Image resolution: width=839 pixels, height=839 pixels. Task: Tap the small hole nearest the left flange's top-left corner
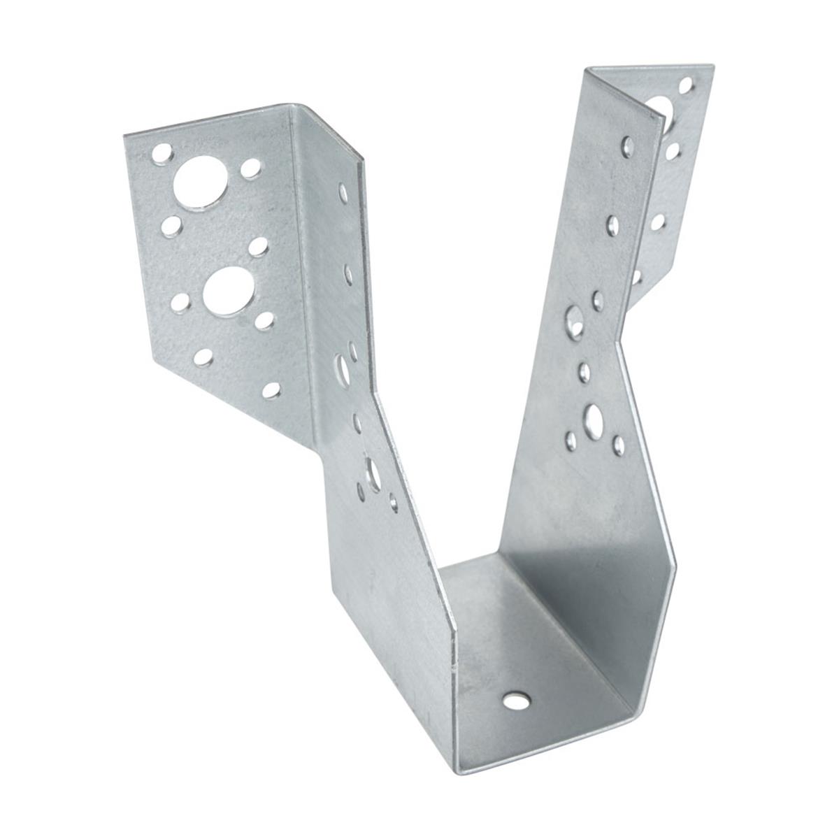[x=161, y=150]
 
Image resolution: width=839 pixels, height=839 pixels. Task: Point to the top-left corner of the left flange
[x=124, y=135]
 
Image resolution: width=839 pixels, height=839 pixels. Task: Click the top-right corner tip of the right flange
[x=713, y=66]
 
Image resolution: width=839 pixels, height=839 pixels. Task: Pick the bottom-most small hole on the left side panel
[x=394, y=502]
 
